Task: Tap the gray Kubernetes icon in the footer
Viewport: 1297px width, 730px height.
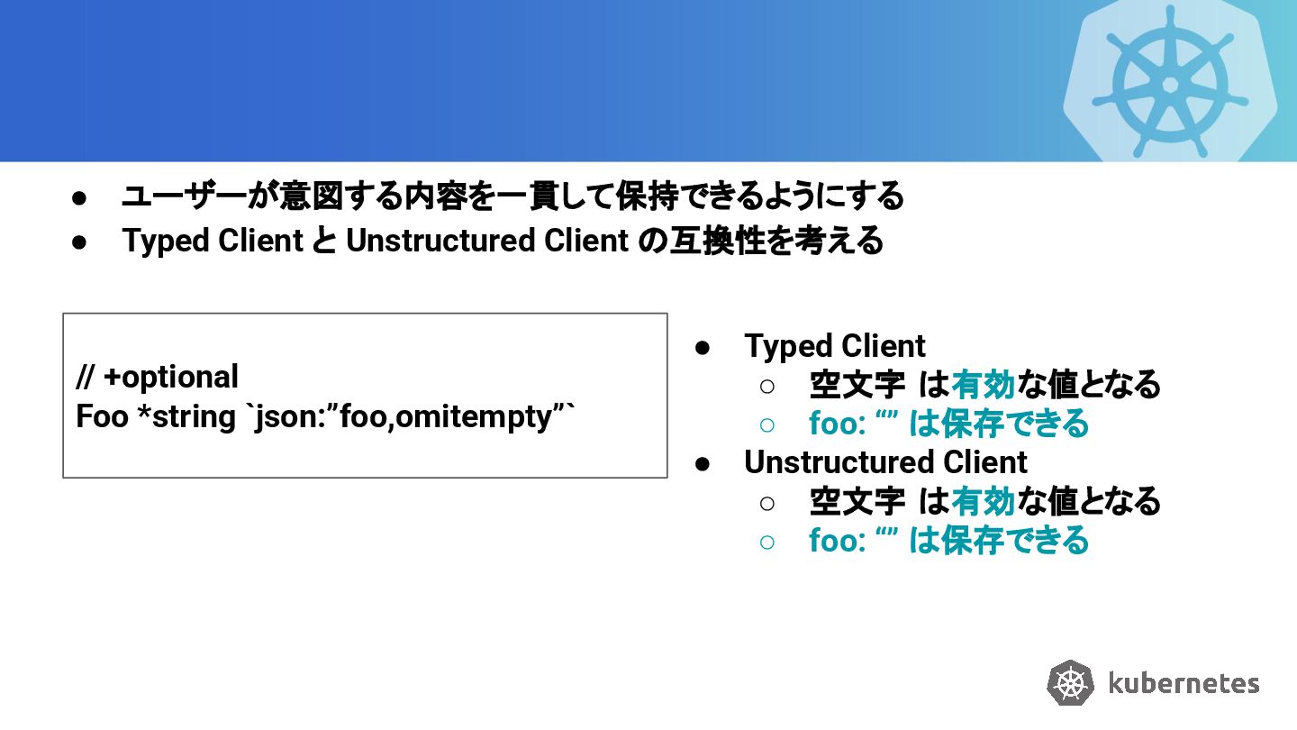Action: (1070, 682)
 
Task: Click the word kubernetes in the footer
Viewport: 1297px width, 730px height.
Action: (1184, 683)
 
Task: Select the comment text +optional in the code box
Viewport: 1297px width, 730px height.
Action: (171, 377)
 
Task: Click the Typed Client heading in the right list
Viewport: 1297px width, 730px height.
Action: (834, 346)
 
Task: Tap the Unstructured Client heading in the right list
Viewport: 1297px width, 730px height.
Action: (884, 461)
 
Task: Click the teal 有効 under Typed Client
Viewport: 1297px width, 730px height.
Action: (983, 385)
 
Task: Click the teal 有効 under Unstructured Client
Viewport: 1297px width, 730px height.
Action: (983, 500)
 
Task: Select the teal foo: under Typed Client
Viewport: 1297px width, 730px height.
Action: (837, 424)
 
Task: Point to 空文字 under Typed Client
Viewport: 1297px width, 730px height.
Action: (857, 385)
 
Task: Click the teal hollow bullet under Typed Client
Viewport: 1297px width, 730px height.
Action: (766, 424)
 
